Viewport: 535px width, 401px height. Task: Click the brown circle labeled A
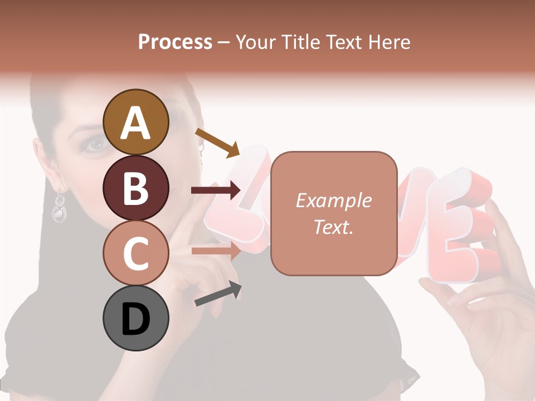tap(135, 123)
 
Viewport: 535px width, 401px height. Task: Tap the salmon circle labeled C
tap(135, 253)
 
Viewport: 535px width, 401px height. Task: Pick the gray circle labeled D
tap(135, 318)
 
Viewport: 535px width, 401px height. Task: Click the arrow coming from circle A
tap(217, 142)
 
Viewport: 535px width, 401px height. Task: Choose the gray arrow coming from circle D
tap(218, 294)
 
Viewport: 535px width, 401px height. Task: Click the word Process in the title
tap(175, 42)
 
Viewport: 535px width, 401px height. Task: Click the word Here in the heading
tap(388, 42)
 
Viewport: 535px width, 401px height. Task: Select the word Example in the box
tap(333, 200)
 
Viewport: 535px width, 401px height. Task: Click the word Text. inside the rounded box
tap(333, 227)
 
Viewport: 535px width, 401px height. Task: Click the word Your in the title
tap(255, 42)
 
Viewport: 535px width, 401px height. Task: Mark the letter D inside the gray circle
tap(135, 320)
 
